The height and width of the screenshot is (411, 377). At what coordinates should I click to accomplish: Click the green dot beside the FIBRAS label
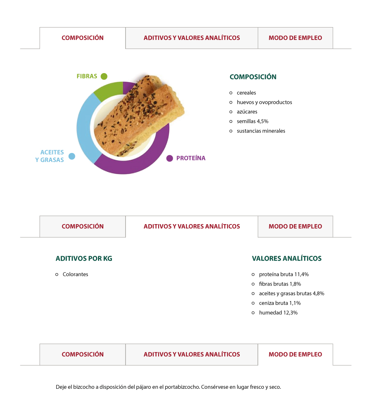104,76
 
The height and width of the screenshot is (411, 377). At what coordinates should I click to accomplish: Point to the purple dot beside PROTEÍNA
170,158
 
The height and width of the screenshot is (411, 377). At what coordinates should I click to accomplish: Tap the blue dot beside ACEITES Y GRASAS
72,156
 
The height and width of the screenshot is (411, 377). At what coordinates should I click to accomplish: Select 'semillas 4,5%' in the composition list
252,121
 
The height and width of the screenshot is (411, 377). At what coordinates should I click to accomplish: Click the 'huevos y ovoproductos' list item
264,102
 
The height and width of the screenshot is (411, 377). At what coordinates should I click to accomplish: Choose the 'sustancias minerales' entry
261,131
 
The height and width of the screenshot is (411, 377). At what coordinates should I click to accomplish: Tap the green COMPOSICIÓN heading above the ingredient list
253,76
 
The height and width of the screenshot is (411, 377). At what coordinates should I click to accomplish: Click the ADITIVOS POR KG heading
84,258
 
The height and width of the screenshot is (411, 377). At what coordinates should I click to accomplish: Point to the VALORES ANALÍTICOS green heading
287,258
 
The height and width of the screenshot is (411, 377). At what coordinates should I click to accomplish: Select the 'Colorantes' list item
75,274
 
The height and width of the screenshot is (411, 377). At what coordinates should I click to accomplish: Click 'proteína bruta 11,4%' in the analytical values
284,274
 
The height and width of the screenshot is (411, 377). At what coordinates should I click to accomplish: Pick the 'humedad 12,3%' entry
278,313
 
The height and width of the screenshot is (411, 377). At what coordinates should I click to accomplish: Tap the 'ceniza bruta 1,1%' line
280,303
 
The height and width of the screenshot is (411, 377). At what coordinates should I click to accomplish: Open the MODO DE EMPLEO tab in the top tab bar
296,38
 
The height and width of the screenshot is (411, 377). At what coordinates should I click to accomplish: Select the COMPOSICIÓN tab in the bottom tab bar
83,354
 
